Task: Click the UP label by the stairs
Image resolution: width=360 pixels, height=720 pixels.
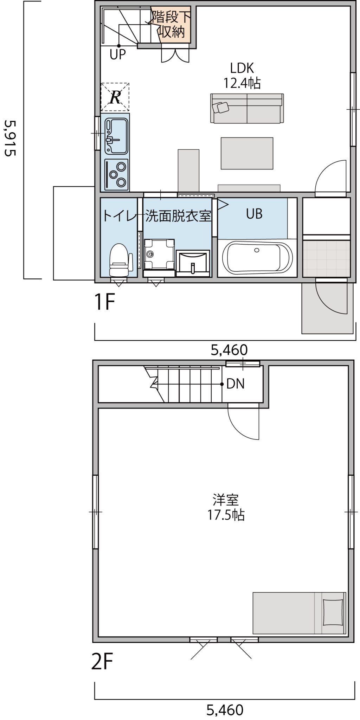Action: pyautogui.click(x=117, y=54)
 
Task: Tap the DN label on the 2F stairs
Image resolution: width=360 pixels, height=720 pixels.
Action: pyautogui.click(x=235, y=384)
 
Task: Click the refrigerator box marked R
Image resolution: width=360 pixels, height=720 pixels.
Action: pyautogui.click(x=115, y=97)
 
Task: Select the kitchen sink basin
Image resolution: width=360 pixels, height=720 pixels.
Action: pyautogui.click(x=116, y=136)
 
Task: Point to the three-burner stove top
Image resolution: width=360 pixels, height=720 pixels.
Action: pyautogui.click(x=116, y=174)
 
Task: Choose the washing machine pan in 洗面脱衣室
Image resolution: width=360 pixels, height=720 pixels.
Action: pyautogui.click(x=159, y=253)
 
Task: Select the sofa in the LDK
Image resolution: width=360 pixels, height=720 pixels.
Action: pyautogui.click(x=247, y=108)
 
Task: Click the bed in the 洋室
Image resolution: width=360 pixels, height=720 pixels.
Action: pyautogui.click(x=299, y=613)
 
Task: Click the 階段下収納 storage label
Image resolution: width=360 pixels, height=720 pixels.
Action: pyautogui.click(x=171, y=24)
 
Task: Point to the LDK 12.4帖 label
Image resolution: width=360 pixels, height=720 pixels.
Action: pyautogui.click(x=242, y=75)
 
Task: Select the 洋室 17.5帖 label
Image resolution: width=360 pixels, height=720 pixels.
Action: pyautogui.click(x=225, y=507)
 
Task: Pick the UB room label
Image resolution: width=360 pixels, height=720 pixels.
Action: pyautogui.click(x=254, y=214)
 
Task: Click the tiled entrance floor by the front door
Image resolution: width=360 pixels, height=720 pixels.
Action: pyautogui.click(x=327, y=258)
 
